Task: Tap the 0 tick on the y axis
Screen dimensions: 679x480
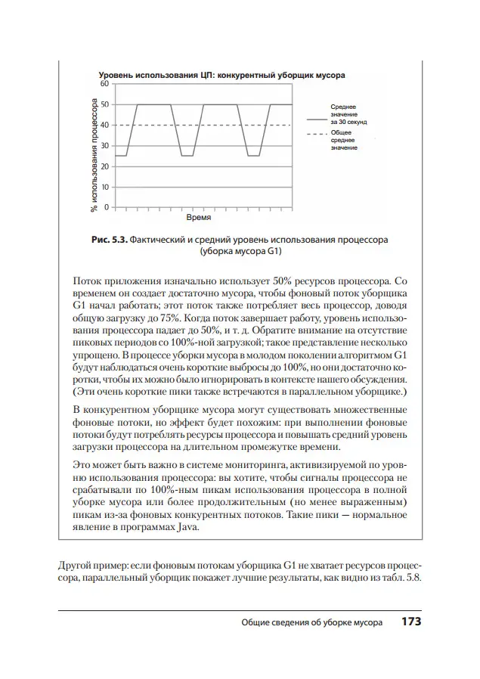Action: point(106,206)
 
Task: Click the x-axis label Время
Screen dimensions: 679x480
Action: point(198,216)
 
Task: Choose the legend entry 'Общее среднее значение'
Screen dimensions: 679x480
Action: point(344,140)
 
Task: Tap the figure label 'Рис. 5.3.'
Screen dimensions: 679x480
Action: point(110,240)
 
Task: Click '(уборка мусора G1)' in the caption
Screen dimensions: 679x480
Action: point(240,252)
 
